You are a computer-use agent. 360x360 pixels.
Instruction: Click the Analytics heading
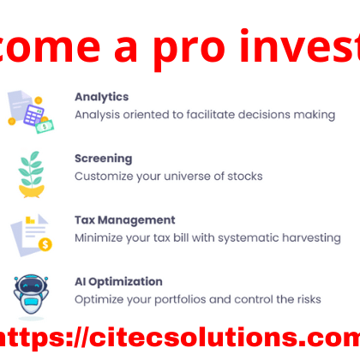coord(101,97)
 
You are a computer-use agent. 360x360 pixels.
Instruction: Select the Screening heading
coord(103,159)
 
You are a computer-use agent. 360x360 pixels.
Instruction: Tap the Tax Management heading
coord(124,219)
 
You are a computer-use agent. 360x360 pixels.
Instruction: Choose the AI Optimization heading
coord(118,281)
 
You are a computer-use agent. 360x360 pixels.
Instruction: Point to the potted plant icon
coord(31,172)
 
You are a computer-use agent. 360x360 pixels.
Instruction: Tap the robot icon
coord(30,295)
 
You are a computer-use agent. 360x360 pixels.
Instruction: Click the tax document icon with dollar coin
coord(30,233)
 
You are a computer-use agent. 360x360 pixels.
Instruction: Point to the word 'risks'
coord(306,299)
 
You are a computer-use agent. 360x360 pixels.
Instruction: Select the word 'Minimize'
coord(99,237)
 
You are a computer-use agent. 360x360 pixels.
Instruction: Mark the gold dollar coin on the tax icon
coord(45,244)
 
